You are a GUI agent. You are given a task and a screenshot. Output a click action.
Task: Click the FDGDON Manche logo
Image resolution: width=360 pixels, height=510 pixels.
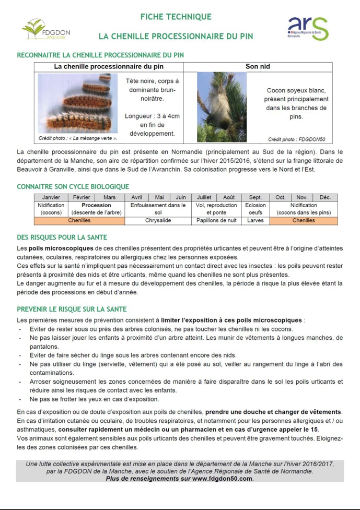[46, 29]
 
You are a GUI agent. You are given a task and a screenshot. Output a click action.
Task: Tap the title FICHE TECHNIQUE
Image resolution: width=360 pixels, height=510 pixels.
[176, 17]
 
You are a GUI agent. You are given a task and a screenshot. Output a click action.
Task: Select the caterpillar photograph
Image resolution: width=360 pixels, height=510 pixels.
[77, 104]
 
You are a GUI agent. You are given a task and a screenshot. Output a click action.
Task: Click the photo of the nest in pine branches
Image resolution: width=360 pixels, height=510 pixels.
[222, 107]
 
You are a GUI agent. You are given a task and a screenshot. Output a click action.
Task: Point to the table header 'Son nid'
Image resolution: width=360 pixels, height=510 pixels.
[258, 67]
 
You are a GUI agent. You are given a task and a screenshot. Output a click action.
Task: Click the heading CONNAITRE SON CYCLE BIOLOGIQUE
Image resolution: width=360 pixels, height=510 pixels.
[73, 186]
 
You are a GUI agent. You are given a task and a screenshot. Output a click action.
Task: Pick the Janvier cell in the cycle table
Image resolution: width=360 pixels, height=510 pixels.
[51, 198]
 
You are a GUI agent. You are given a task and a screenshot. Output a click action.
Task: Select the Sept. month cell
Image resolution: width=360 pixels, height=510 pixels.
[256, 198]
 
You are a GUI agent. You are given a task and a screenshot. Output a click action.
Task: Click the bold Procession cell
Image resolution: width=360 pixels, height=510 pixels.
[97, 205]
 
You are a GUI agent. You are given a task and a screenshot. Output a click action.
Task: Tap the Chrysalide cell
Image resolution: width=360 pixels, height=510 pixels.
[158, 221]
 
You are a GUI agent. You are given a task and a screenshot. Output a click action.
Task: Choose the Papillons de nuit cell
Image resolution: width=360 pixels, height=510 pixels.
[216, 221]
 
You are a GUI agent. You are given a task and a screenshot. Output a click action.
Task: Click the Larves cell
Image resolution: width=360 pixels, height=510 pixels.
[256, 221]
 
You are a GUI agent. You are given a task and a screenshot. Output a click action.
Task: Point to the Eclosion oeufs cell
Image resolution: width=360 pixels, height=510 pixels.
[256, 209]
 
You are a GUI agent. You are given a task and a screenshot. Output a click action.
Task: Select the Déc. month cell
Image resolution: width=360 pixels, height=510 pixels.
[325, 198]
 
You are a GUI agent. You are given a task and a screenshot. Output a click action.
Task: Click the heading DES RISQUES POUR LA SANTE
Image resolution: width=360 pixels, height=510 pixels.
[62, 238]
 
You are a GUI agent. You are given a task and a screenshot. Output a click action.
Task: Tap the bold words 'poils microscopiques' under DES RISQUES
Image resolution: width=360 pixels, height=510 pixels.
[62, 248]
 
